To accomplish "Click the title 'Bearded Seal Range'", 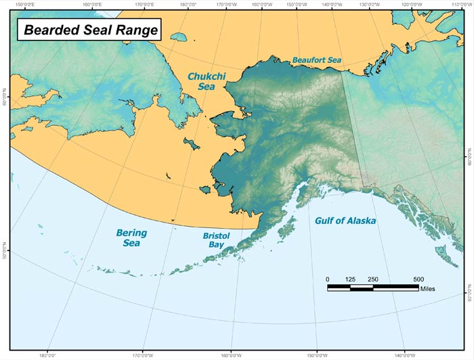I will click(x=91, y=30).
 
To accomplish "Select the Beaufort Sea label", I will click(x=318, y=60).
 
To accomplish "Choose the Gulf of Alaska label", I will click(x=345, y=221).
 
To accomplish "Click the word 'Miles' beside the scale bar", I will click(x=427, y=289).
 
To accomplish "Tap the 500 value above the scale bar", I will click(x=418, y=279).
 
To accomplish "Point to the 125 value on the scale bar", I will click(x=350, y=279).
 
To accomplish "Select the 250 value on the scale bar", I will click(x=373, y=279).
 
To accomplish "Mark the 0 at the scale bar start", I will click(x=328, y=279).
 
